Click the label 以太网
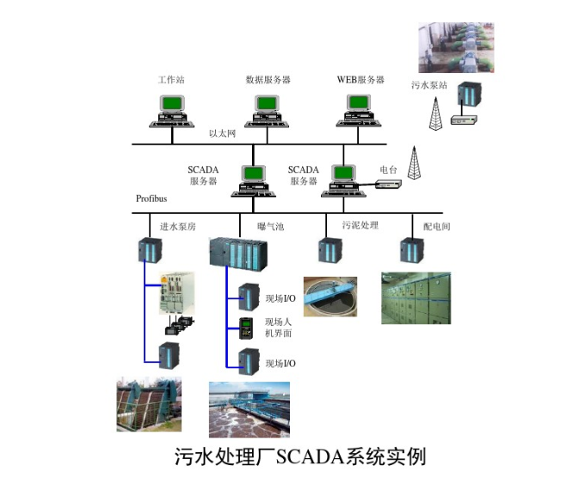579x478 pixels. coord(222,134)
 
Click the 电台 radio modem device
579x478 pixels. coord(386,183)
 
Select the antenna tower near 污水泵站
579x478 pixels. coord(434,110)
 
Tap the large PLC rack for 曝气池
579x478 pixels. coord(238,252)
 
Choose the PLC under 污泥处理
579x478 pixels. coord(327,250)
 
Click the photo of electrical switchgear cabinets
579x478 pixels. coord(416,297)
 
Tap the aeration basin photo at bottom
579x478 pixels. coord(249,409)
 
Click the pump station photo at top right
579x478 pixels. coord(456,46)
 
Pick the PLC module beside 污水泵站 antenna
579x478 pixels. coord(468,97)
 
